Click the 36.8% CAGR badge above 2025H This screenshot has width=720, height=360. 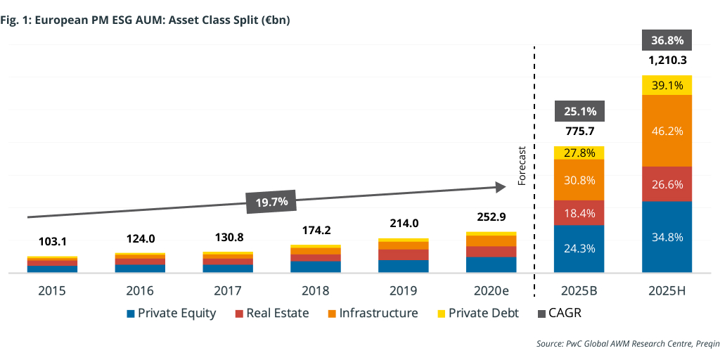tap(667, 40)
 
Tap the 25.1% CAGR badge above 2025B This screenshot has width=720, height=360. tap(579, 111)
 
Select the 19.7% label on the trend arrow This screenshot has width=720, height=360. tap(272, 202)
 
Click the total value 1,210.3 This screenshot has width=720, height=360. tap(667, 60)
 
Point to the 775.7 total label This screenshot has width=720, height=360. tap(579, 131)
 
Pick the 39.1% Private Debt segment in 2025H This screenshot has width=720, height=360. tap(667, 85)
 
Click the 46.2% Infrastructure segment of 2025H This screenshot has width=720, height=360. tap(667, 131)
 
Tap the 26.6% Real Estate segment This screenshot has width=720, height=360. tap(667, 184)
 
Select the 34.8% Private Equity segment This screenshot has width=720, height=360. tap(667, 237)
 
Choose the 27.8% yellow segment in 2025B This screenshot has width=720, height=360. tap(579, 153)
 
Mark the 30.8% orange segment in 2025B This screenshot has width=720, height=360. tap(579, 179)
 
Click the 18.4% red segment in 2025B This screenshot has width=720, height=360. tap(579, 212)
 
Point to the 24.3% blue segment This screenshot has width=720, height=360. tap(579, 248)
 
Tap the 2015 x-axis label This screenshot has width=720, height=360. tap(52, 290)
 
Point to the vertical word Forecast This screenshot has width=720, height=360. tap(522, 166)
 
